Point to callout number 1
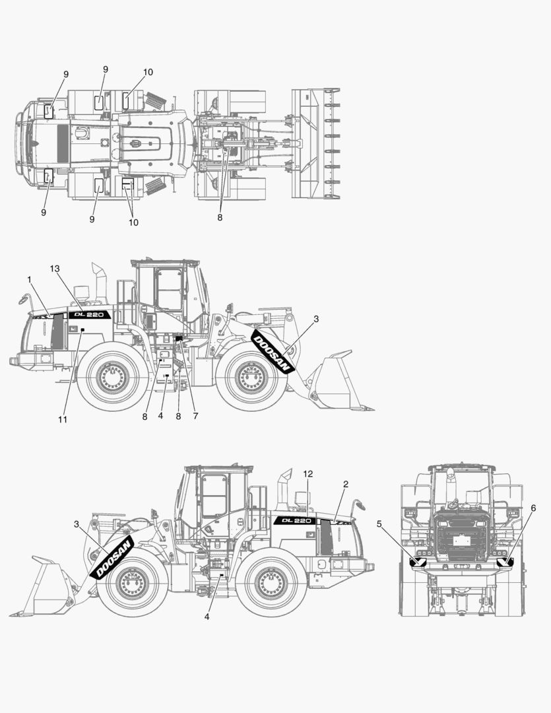click(x=30, y=280)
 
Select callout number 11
click(x=63, y=419)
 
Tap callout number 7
click(x=195, y=416)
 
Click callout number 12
click(x=308, y=474)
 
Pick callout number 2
click(x=345, y=484)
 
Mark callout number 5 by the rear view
click(x=379, y=524)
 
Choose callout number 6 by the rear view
click(x=533, y=508)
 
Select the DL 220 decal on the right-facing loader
click(x=90, y=315)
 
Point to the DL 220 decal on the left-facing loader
click(x=296, y=520)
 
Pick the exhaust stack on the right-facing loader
click(x=100, y=277)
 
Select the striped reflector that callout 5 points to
click(x=418, y=562)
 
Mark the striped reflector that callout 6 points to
click(x=506, y=562)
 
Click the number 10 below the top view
click(x=133, y=222)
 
